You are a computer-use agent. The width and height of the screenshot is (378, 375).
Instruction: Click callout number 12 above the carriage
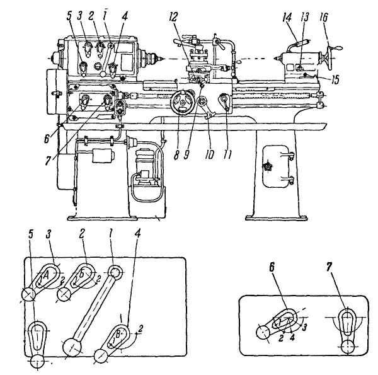pos(173,17)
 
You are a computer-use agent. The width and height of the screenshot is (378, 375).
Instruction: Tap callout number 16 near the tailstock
pos(324,18)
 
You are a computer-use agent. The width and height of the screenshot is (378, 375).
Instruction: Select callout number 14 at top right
pos(287,18)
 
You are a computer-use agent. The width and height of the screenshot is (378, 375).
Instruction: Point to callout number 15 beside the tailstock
pos(335,79)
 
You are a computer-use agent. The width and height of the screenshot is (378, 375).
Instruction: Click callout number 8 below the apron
pos(176,156)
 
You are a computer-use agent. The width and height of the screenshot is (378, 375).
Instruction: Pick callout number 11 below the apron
pos(227,154)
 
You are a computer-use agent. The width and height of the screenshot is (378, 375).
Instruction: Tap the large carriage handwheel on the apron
pos(183,103)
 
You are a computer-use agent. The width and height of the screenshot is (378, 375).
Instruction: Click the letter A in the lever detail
pos(46,275)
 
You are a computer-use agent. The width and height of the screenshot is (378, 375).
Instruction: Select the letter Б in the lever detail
pos(82,274)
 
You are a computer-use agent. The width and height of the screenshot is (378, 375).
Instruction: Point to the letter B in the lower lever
pos(118,334)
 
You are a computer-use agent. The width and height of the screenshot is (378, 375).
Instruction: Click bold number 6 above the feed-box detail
pos(272,268)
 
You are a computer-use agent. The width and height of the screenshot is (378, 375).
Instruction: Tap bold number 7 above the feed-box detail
pos(329,267)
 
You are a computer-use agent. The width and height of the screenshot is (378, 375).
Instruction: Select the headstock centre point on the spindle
pos(161,59)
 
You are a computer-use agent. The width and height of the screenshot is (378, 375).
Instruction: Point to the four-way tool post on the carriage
pos(198,55)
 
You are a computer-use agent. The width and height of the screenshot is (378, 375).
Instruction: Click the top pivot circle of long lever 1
pos(115,272)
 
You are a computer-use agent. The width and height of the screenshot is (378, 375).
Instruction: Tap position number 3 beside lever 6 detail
pos(304,327)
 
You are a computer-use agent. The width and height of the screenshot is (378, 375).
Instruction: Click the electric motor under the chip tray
pos(144,168)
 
